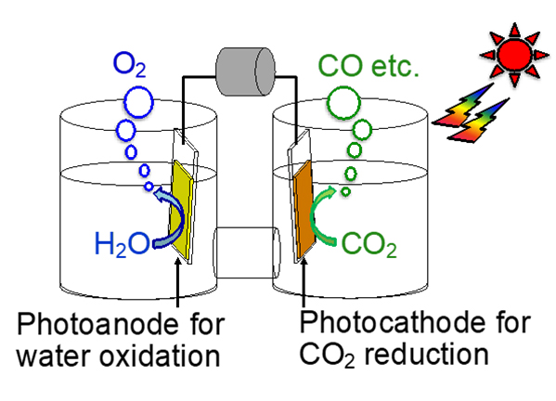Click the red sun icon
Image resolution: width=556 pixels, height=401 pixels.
point(514,55)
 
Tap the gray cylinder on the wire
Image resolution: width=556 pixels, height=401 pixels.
point(245,71)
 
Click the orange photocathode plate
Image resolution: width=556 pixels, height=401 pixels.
point(304,209)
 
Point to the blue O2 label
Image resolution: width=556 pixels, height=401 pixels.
point(129,65)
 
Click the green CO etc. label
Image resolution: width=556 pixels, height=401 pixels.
point(369,66)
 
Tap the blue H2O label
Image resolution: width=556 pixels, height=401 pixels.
point(123,244)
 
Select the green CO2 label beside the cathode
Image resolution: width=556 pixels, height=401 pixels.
point(369,244)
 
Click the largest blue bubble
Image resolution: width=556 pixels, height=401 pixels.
point(138,102)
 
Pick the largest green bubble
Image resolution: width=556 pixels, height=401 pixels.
point(343,102)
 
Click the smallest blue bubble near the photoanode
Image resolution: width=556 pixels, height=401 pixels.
point(149,187)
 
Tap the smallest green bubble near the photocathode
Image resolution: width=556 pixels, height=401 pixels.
point(345,192)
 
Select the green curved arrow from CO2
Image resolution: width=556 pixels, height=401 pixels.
point(313,216)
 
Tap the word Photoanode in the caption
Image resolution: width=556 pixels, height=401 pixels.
point(98,324)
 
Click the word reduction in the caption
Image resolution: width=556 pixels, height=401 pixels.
point(427,354)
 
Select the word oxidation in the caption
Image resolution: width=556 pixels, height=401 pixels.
point(160,356)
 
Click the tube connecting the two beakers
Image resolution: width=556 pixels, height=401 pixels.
point(247,252)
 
